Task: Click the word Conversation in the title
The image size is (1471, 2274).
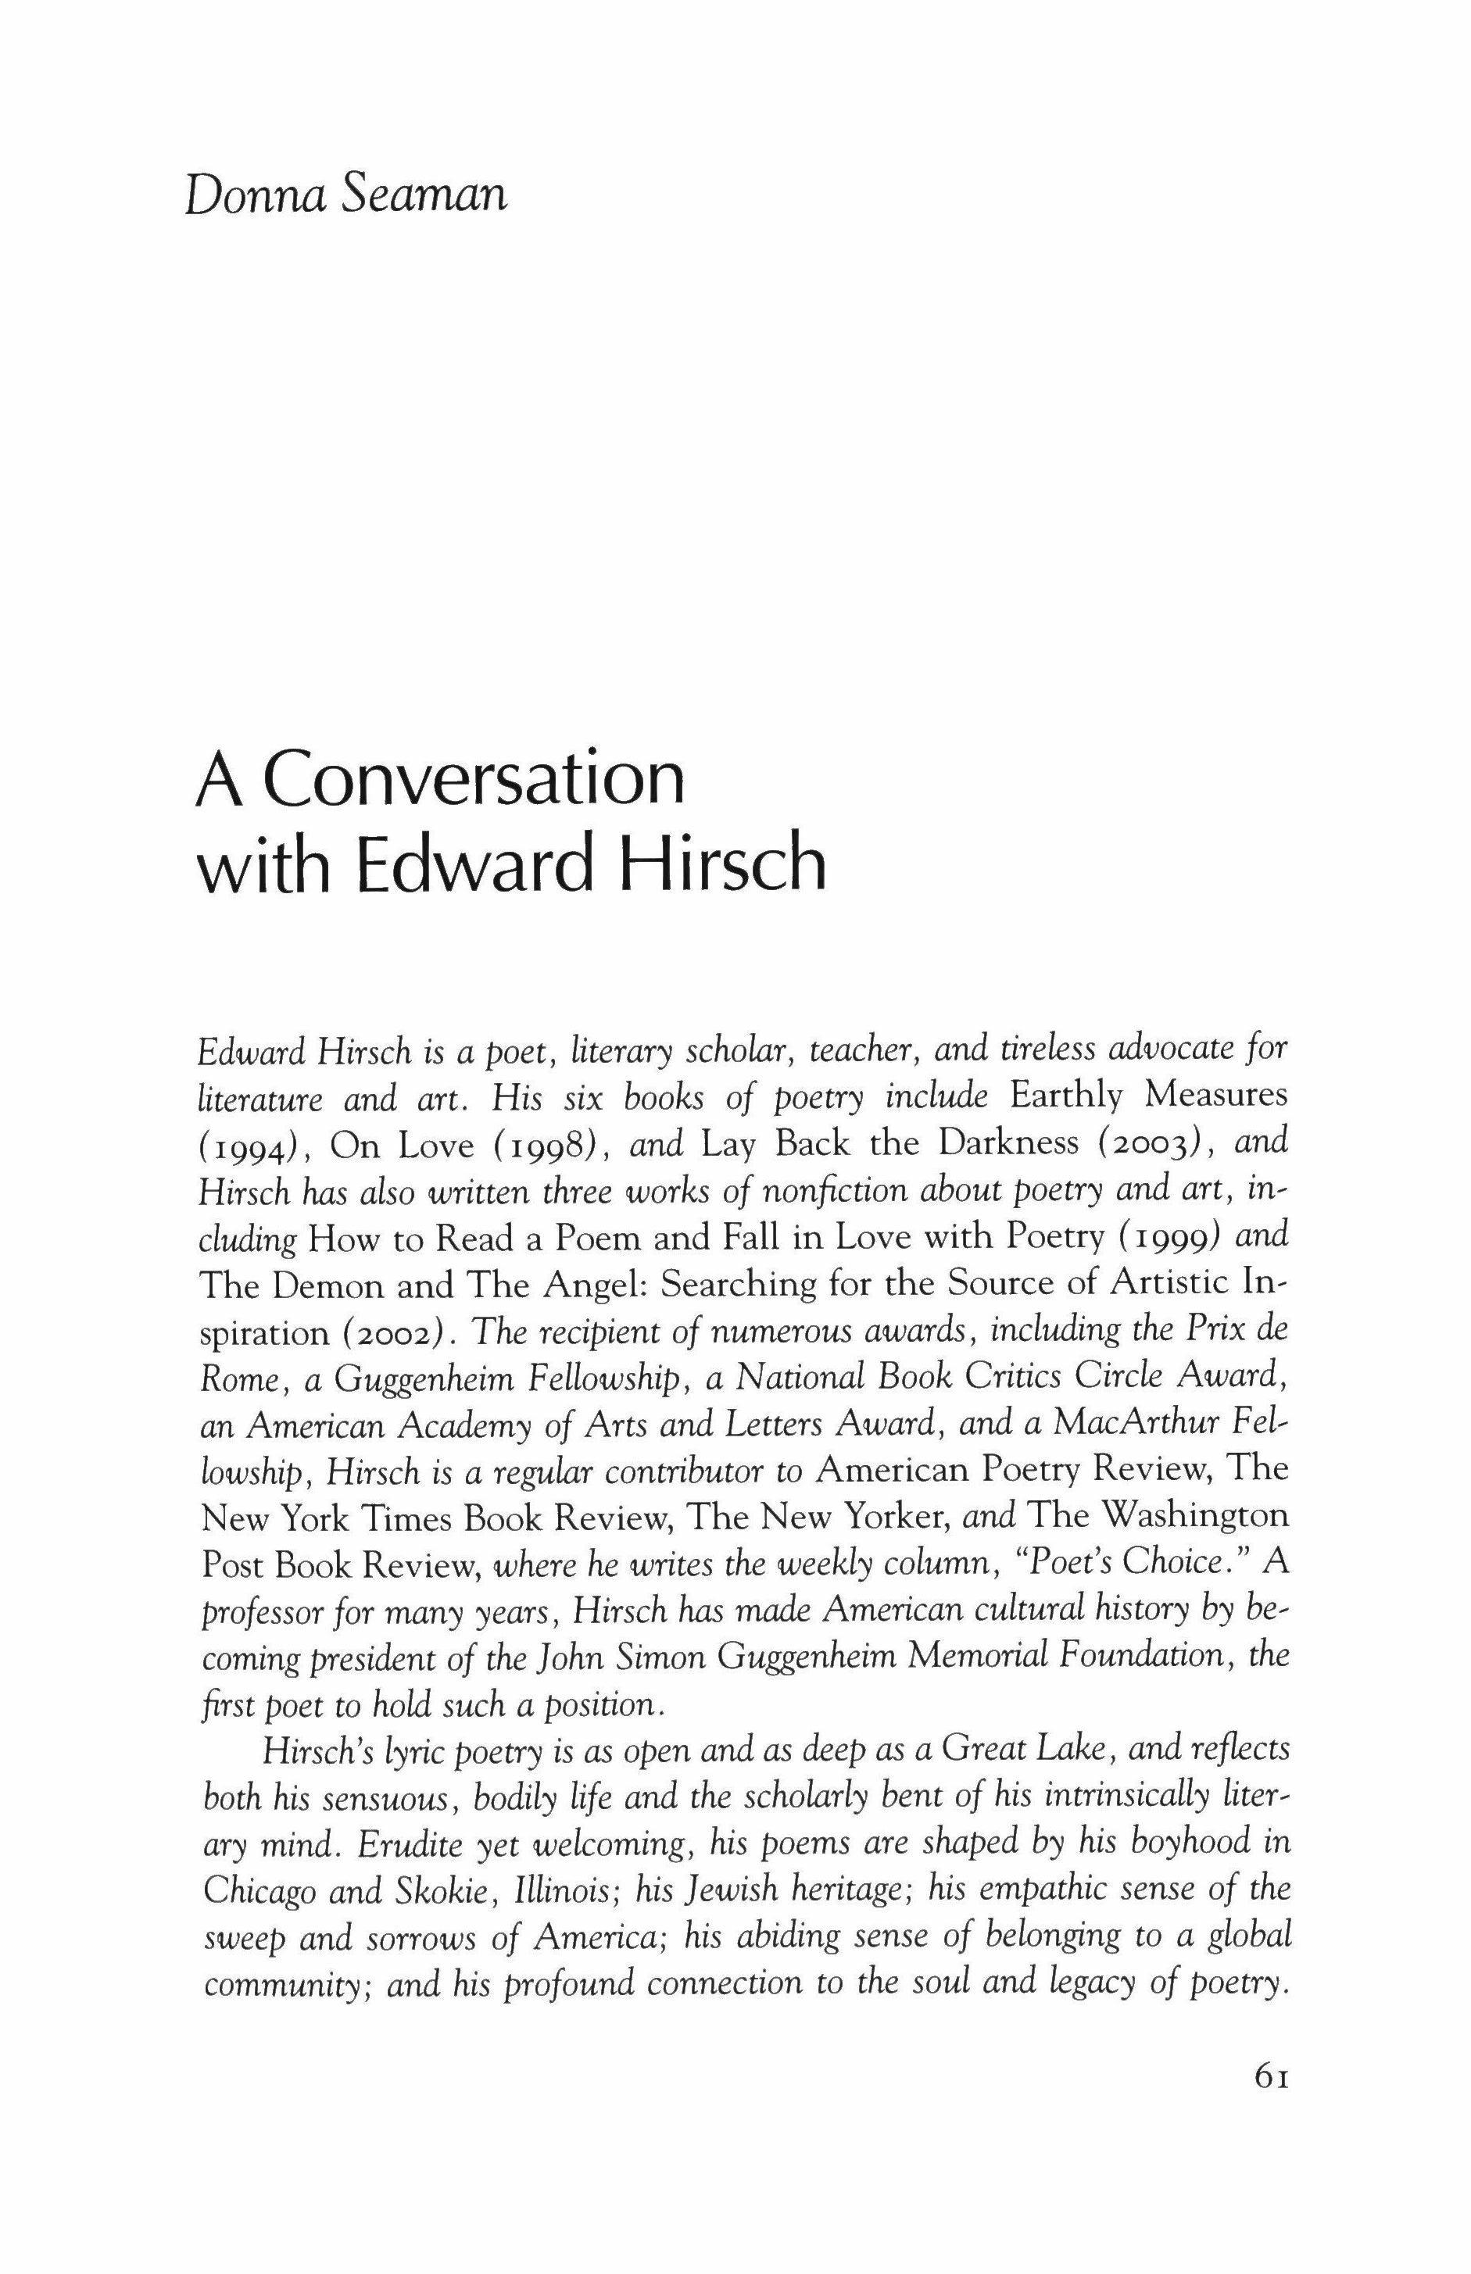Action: coord(474,781)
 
